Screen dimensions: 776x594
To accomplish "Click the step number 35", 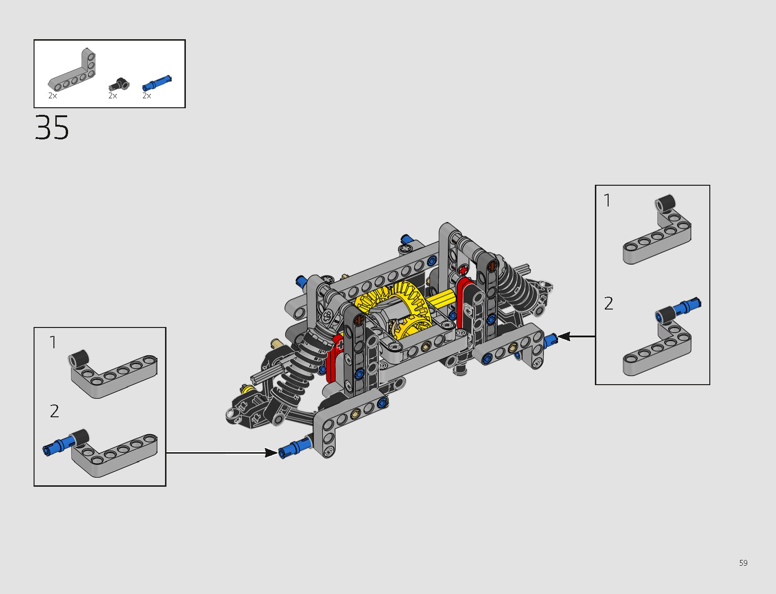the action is click(52, 128).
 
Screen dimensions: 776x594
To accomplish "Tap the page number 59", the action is click(743, 563).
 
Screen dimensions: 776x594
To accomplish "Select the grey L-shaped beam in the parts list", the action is click(72, 69).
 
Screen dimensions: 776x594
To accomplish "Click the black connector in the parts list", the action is click(119, 84).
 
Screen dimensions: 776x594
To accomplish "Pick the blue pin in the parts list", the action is click(157, 84).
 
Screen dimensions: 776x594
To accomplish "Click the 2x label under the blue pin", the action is click(147, 95).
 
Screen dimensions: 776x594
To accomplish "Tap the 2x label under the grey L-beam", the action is click(52, 95).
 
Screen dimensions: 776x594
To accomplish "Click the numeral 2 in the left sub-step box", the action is click(54, 411).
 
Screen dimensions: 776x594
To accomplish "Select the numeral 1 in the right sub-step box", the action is click(607, 200).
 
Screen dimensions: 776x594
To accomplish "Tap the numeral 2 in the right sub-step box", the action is click(609, 303).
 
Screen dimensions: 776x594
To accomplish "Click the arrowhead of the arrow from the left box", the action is click(271, 453).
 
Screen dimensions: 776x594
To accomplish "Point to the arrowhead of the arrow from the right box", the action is click(564, 336).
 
